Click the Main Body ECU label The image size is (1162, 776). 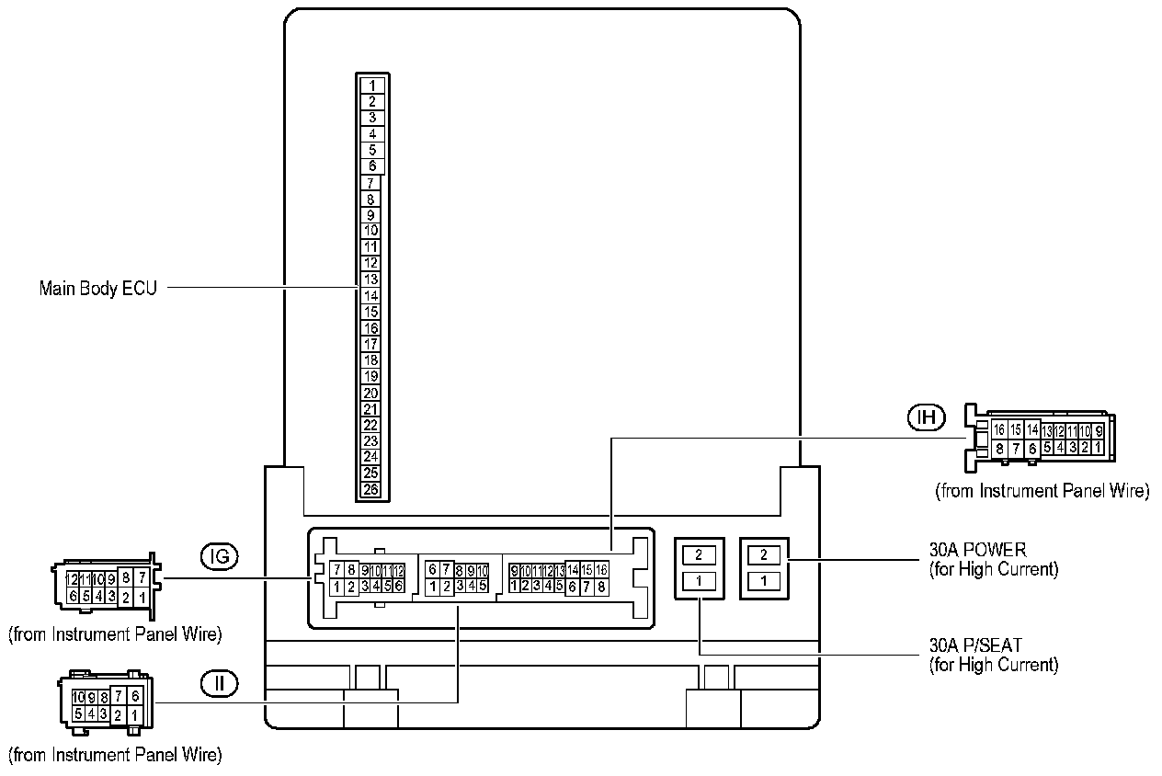[x=97, y=288]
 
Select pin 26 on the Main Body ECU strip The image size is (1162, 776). [x=371, y=489]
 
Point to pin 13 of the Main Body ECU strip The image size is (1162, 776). [x=371, y=280]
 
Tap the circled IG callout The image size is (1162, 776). [x=219, y=556]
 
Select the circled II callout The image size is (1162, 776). [x=219, y=683]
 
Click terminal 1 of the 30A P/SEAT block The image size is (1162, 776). [x=700, y=580]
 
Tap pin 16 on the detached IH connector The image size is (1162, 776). [x=999, y=430]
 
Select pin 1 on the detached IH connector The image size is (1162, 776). [x=1098, y=447]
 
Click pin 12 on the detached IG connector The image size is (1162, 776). [x=72, y=579]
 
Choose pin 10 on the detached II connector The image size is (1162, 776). [x=79, y=697]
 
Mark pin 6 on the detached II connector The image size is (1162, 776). [x=135, y=697]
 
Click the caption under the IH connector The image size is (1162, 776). [x=1042, y=491]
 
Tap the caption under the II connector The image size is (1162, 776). [x=115, y=756]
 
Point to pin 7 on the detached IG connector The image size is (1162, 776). [x=142, y=578]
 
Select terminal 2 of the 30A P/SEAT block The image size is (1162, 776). [x=700, y=554]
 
